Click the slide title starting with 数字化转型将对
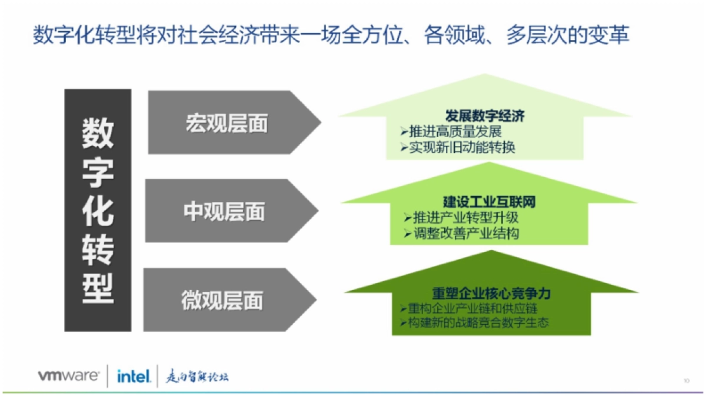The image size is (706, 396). [331, 35]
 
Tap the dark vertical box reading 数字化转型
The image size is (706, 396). [98, 210]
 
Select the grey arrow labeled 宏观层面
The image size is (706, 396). [227, 123]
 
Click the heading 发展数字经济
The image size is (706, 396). [485, 116]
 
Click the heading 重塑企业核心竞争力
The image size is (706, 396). [491, 293]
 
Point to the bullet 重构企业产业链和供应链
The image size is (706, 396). [471, 308]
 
